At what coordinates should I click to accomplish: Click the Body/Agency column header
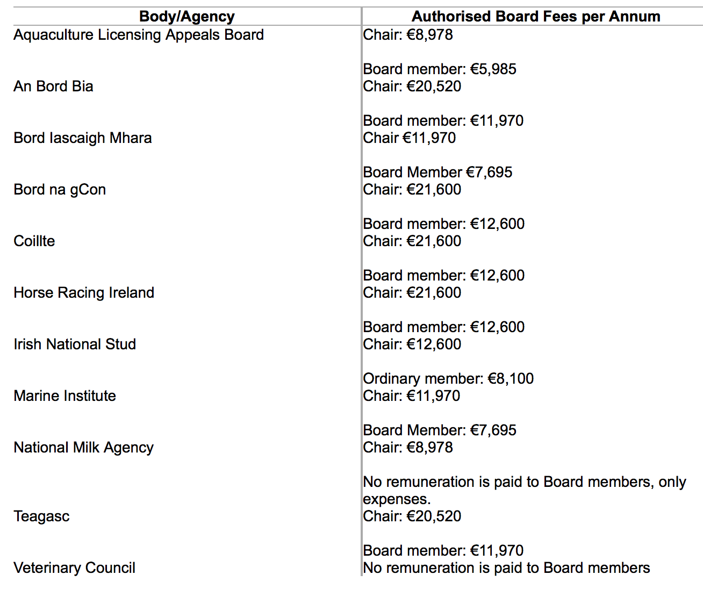click(x=186, y=17)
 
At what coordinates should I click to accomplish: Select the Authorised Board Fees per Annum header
click(x=536, y=17)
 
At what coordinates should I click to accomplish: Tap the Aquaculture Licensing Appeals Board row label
click(x=139, y=35)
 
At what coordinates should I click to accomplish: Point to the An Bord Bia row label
click(x=53, y=87)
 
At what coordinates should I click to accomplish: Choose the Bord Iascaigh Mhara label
click(x=83, y=138)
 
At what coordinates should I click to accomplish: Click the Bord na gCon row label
click(x=60, y=190)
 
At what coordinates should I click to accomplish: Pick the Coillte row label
click(x=34, y=241)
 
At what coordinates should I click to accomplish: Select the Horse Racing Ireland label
click(x=84, y=293)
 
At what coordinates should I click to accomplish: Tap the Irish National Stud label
click(x=75, y=344)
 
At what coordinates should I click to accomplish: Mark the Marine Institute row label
click(x=64, y=396)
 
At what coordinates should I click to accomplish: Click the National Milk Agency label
click(x=83, y=448)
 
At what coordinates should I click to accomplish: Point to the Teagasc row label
click(x=41, y=516)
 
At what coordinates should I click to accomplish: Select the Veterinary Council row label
click(x=74, y=568)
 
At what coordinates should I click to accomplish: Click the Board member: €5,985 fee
click(x=440, y=69)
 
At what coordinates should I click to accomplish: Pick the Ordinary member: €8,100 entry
click(x=448, y=379)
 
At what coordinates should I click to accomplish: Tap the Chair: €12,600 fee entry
click(x=412, y=344)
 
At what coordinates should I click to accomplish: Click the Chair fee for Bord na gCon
click(x=412, y=190)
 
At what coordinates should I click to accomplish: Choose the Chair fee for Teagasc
click(x=412, y=516)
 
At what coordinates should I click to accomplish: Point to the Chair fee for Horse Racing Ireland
click(x=412, y=293)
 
